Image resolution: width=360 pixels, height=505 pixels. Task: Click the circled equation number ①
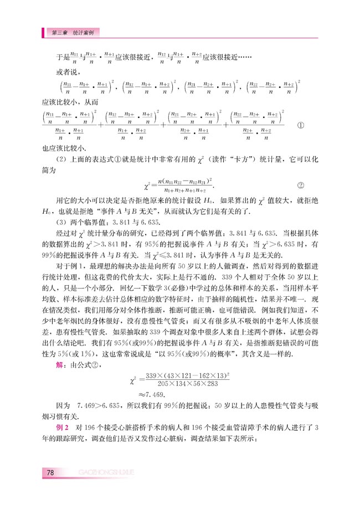pyautogui.click(x=301, y=125)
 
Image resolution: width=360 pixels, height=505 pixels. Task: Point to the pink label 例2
pyautogui.click(x=62, y=427)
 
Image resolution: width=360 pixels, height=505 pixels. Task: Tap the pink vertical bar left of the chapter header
pyautogui.click(x=44, y=33)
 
